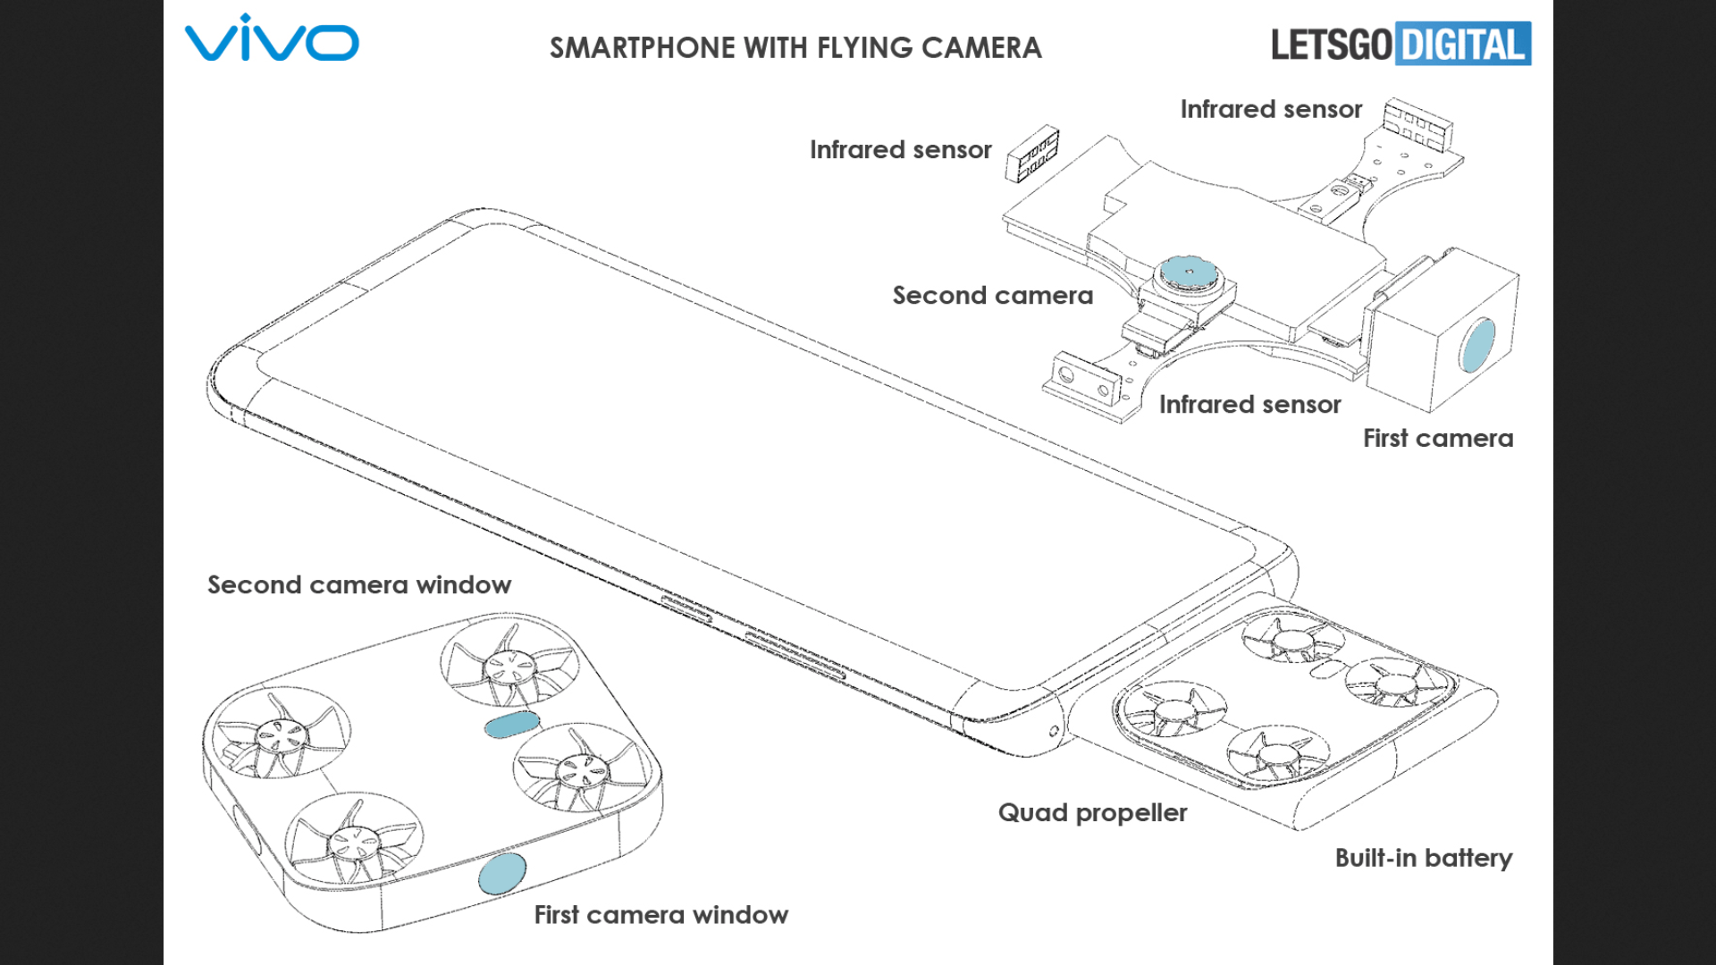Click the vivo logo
[272, 39]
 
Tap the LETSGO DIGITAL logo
[1400, 44]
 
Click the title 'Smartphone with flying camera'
[795, 47]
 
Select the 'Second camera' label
[992, 296]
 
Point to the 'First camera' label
[1437, 439]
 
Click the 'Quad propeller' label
[1092, 813]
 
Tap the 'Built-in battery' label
[1423, 858]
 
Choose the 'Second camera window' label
[359, 585]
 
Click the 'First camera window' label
[660, 915]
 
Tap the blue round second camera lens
[1188, 272]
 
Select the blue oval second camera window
[511, 724]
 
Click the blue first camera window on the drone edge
[501, 873]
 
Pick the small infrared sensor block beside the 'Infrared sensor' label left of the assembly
[1032, 153]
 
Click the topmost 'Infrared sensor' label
[1271, 110]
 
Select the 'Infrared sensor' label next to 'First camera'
[1249, 405]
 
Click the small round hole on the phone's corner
[1054, 731]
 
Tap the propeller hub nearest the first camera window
[352, 840]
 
